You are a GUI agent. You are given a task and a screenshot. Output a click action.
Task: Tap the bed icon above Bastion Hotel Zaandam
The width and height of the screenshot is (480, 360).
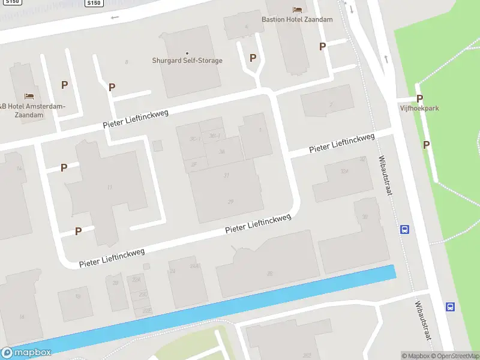(x=297, y=9)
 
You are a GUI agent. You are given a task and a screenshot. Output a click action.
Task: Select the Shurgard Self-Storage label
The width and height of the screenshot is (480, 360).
(x=187, y=61)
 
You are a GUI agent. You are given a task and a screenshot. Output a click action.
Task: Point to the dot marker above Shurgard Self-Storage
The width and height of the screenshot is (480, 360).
(x=187, y=53)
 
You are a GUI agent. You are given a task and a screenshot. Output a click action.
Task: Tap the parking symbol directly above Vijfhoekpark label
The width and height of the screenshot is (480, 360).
(x=419, y=98)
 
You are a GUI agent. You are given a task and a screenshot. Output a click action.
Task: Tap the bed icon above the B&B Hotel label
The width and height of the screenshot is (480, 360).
(x=29, y=96)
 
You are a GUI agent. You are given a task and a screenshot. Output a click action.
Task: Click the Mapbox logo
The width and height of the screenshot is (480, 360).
(x=26, y=353)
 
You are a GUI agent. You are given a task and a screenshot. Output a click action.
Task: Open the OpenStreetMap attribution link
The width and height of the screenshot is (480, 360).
(x=454, y=356)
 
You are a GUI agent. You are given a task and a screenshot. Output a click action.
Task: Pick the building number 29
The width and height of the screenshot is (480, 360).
(x=230, y=202)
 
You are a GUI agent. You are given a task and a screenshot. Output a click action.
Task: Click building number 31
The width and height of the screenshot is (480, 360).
(x=226, y=175)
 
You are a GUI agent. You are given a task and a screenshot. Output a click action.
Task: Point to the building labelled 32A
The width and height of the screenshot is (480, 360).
(x=344, y=172)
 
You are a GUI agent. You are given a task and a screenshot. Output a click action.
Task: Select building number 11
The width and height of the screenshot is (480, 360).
(x=109, y=188)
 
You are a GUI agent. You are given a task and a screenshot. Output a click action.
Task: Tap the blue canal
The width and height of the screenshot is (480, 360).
(x=240, y=306)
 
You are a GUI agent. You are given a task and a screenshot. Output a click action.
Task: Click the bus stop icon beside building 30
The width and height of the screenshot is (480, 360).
(x=405, y=229)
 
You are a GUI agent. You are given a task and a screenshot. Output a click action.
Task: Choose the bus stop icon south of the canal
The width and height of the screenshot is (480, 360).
(x=450, y=307)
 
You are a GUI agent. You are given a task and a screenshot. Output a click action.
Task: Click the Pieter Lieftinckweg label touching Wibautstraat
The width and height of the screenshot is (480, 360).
(x=341, y=143)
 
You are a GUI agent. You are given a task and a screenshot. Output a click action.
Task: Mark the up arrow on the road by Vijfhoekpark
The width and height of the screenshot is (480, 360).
(x=386, y=59)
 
